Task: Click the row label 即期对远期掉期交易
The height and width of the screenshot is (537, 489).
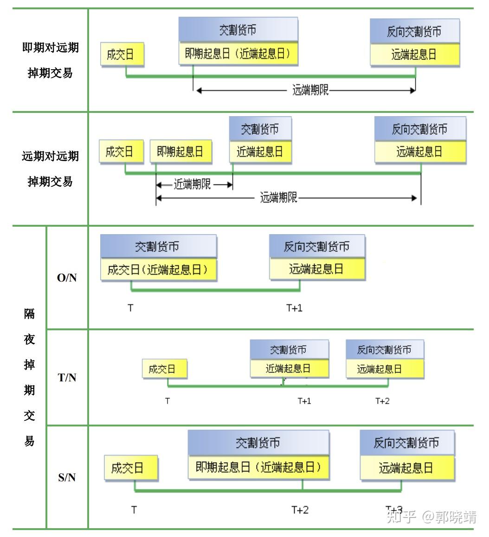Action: (50, 60)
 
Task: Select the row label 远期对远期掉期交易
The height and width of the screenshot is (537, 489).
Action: (50, 169)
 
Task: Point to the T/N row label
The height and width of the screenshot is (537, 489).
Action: (67, 378)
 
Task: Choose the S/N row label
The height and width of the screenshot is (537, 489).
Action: (67, 477)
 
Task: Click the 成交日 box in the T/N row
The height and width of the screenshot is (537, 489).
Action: (165, 370)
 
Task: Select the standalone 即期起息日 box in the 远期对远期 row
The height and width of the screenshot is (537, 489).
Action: (180, 152)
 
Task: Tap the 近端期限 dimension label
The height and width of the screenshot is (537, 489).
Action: (192, 185)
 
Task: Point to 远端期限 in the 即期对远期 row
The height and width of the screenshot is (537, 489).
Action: (310, 90)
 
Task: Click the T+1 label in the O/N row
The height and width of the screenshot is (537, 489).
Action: (294, 308)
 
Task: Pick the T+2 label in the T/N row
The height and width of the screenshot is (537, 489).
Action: (382, 401)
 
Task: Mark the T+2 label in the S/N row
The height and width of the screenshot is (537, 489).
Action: (300, 510)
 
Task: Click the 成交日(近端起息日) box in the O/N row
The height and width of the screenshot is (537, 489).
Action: (158, 270)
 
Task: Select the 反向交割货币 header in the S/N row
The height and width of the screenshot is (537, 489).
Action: (406, 443)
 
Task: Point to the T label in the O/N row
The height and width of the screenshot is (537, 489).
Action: (131, 308)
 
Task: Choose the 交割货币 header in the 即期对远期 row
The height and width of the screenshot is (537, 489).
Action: (238, 31)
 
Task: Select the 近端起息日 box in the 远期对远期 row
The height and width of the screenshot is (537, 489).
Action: (260, 152)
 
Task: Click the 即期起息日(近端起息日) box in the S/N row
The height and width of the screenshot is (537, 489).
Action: (258, 466)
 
